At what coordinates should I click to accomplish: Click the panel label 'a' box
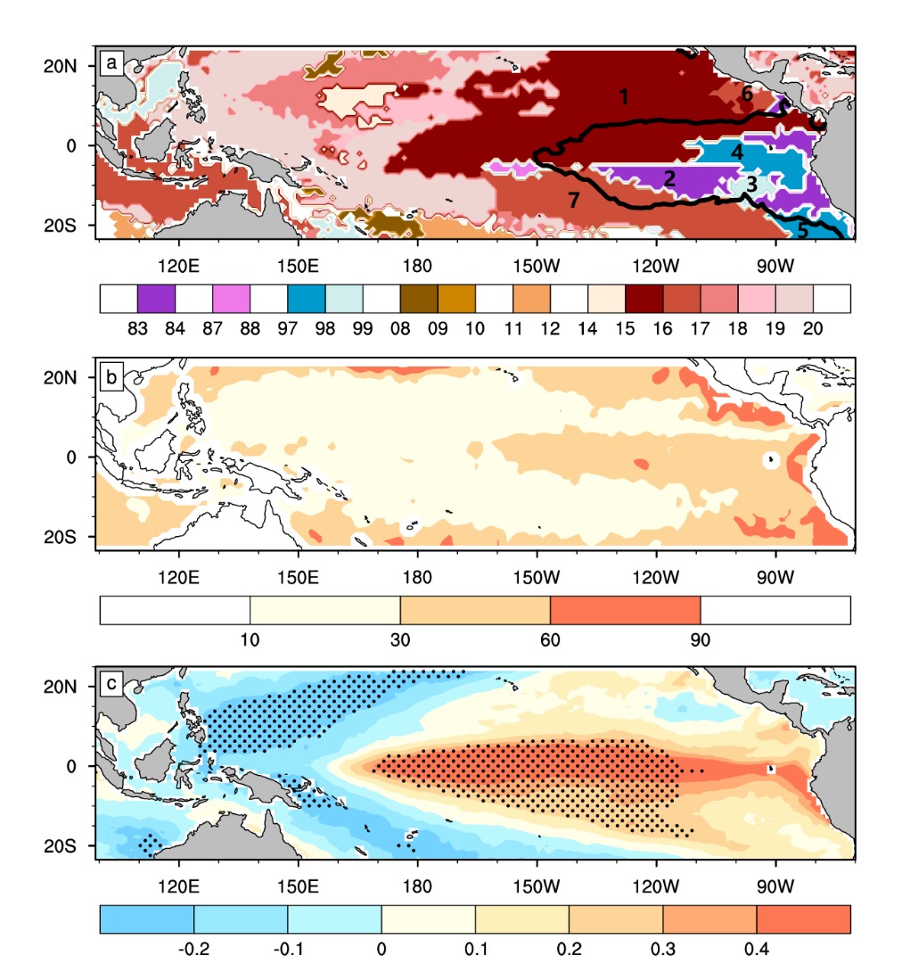pyautogui.click(x=111, y=62)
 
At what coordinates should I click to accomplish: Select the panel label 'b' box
pyautogui.click(x=111, y=377)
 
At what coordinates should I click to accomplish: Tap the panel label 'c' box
pyautogui.click(x=111, y=684)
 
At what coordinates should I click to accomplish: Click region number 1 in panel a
pyautogui.click(x=624, y=96)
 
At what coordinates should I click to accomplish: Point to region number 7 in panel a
pyautogui.click(x=574, y=200)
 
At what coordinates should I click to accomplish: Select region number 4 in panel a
pyautogui.click(x=737, y=152)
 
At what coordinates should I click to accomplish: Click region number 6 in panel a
pyautogui.click(x=747, y=94)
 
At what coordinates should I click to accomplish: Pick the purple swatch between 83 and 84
pyautogui.click(x=156, y=299)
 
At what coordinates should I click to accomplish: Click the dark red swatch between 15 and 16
pyautogui.click(x=644, y=299)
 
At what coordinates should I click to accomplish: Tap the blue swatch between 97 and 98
pyautogui.click(x=307, y=299)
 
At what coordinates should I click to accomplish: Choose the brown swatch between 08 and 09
pyautogui.click(x=419, y=299)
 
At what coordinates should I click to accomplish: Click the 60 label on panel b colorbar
pyautogui.click(x=550, y=640)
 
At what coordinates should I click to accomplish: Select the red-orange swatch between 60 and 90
pyautogui.click(x=626, y=611)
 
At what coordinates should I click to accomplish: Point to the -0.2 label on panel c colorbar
pyautogui.click(x=193, y=949)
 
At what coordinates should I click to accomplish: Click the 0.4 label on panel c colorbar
pyautogui.click(x=757, y=949)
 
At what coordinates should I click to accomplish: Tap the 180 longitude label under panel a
pyautogui.click(x=417, y=267)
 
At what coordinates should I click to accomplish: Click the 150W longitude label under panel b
pyautogui.click(x=537, y=578)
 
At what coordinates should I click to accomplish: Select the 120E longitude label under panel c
pyautogui.click(x=178, y=887)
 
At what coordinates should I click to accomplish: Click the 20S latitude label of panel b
pyautogui.click(x=61, y=538)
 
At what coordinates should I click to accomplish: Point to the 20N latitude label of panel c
pyautogui.click(x=61, y=687)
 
